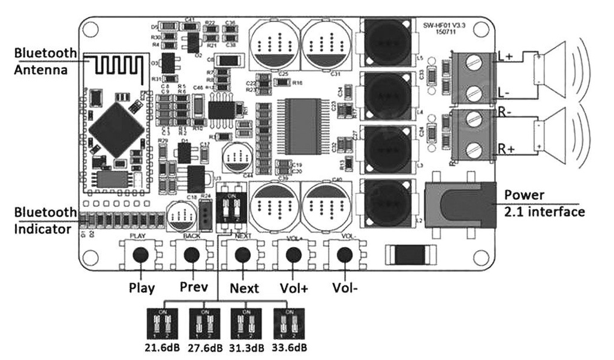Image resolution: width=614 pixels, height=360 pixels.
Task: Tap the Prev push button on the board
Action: [x=191, y=255]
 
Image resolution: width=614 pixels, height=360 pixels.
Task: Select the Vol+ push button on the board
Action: [x=293, y=255]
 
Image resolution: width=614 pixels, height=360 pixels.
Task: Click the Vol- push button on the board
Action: [x=344, y=255]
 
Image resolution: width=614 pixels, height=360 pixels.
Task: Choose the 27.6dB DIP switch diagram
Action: [x=205, y=325]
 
